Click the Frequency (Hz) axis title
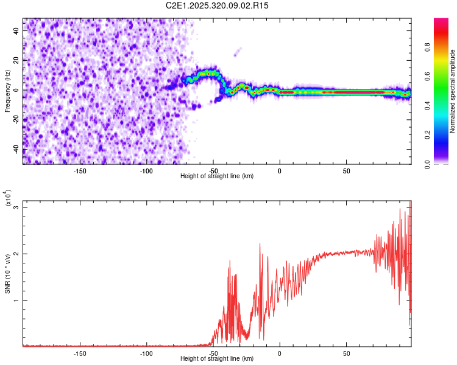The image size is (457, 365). (x=7, y=91)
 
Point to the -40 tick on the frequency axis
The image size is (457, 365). (x=16, y=150)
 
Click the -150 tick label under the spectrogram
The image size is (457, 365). (x=80, y=171)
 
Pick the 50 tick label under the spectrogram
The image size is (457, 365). (x=346, y=171)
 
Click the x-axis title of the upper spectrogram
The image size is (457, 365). (x=217, y=176)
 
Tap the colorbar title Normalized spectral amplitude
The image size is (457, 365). (x=453, y=91)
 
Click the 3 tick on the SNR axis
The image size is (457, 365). (x=16, y=207)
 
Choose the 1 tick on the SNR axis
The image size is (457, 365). (x=16, y=301)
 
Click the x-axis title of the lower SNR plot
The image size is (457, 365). (x=217, y=359)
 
